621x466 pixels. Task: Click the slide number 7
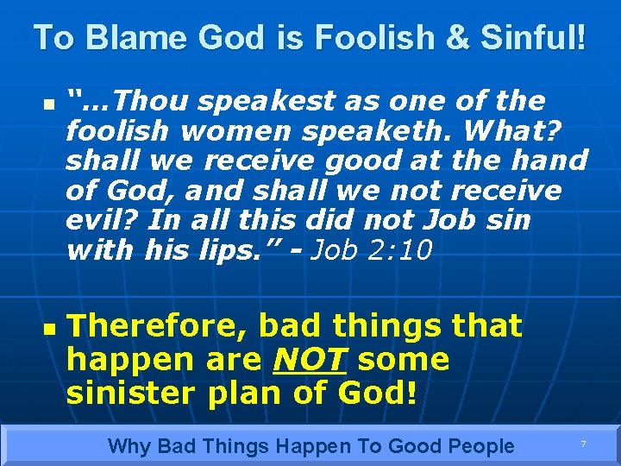583,444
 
